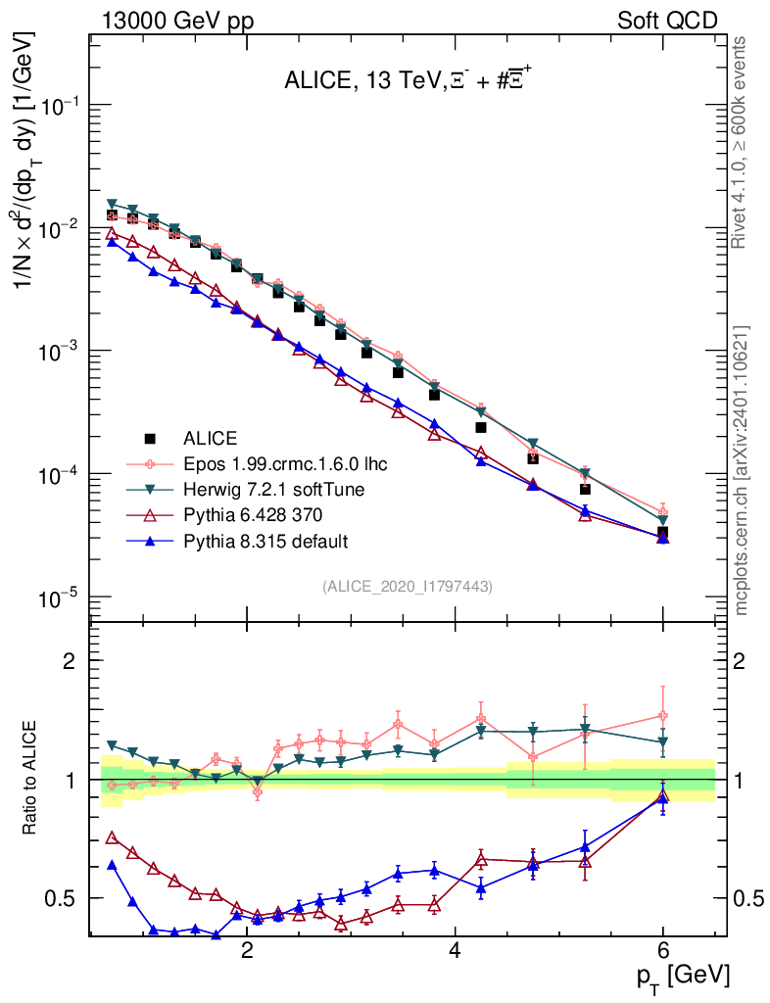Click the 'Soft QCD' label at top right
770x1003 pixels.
coord(667,21)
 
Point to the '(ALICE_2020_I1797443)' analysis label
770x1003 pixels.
coord(407,586)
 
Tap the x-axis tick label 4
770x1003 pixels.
coord(456,951)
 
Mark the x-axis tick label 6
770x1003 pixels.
coord(663,951)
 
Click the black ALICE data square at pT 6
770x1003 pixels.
coord(663,533)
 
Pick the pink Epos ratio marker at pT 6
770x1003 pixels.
coord(663,715)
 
